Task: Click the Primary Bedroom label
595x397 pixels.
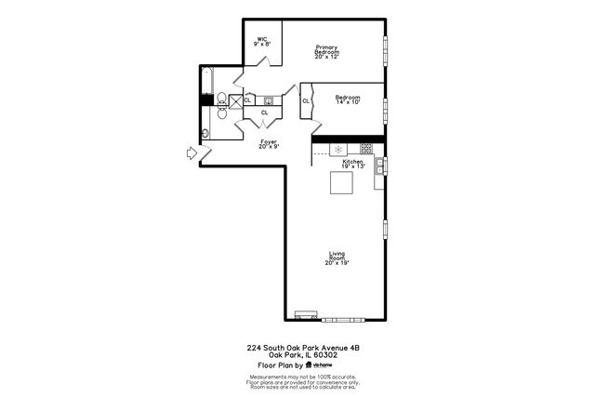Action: pos(325,52)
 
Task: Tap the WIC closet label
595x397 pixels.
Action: pos(263,41)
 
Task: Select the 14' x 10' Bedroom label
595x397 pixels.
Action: pos(347,99)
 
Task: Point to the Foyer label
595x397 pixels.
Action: pos(268,144)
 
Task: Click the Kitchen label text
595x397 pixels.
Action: pos(352,164)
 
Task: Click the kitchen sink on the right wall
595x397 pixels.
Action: pos(379,165)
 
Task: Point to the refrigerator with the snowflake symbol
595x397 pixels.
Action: pos(339,149)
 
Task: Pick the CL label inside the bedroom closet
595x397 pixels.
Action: pos(306,101)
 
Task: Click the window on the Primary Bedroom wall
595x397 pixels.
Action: pos(386,51)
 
